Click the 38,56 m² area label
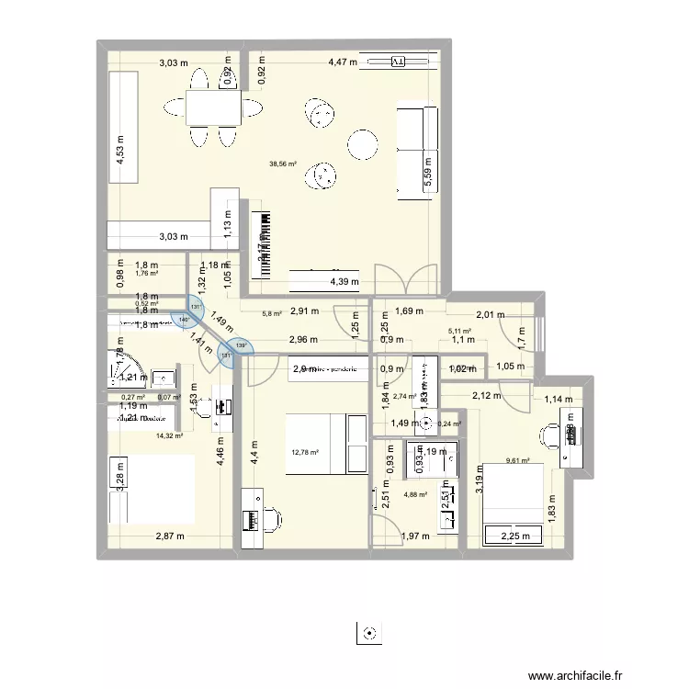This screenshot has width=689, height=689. click(282, 164)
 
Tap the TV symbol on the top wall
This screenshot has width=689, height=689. click(397, 62)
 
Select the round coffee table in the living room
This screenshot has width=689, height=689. click(361, 143)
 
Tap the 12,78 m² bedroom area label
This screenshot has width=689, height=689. click(304, 452)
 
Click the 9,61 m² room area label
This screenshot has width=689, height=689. click(520, 461)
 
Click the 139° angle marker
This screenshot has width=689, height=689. click(241, 346)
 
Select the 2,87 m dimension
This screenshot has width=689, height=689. click(169, 536)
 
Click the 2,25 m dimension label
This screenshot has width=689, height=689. click(509, 537)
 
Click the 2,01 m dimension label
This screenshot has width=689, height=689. click(491, 315)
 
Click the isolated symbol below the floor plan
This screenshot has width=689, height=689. click(368, 633)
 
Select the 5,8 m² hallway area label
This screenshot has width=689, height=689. click(272, 314)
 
